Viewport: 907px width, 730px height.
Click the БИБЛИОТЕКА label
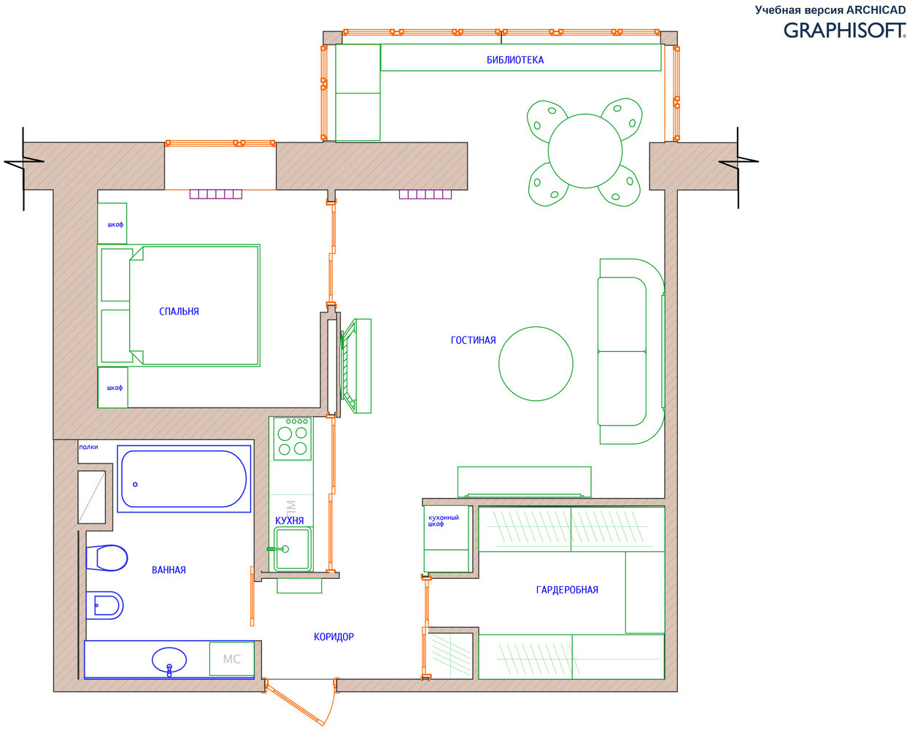[514, 60]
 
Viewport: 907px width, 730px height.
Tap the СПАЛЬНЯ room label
[179, 311]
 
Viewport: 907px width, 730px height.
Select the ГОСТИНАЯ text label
[473, 340]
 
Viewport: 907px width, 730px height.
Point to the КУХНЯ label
[289, 520]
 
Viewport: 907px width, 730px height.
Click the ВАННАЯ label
[169, 570]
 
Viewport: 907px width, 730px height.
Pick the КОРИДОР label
[333, 637]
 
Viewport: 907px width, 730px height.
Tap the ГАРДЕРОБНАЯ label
[567, 590]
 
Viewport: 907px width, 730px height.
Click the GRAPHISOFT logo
[844, 31]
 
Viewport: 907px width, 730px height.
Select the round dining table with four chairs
[584, 152]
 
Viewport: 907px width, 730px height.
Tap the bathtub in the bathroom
[184, 479]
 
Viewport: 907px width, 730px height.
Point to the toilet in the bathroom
[107, 558]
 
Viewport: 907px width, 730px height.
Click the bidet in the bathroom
[104, 605]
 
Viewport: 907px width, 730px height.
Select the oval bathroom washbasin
[169, 660]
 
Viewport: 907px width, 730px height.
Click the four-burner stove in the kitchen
[292, 439]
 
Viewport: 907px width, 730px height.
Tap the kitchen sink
[292, 548]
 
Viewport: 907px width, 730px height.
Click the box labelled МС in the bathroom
[232, 658]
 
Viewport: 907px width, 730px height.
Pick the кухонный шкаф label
[444, 520]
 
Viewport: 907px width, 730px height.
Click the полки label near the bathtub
[88, 447]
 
